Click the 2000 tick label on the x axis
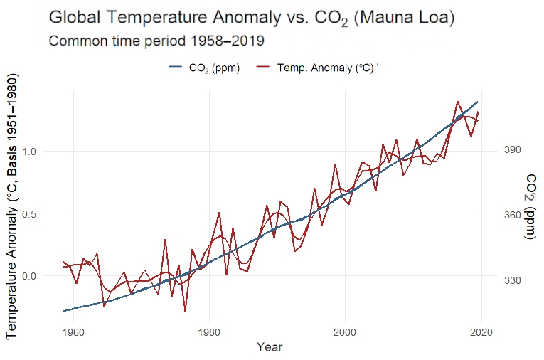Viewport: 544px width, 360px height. [x=345, y=332]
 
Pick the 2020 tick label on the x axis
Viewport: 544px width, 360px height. [x=481, y=332]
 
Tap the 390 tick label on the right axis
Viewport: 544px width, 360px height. [x=513, y=149]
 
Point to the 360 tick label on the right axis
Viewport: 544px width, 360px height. [x=513, y=215]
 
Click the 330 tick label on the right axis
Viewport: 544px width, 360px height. [x=513, y=280]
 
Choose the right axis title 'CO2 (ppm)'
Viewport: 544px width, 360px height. [x=530, y=206]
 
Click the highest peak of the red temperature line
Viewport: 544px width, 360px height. [x=457, y=101]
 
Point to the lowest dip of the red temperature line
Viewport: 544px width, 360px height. [x=186, y=311]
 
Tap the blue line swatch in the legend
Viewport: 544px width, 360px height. [x=176, y=68]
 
